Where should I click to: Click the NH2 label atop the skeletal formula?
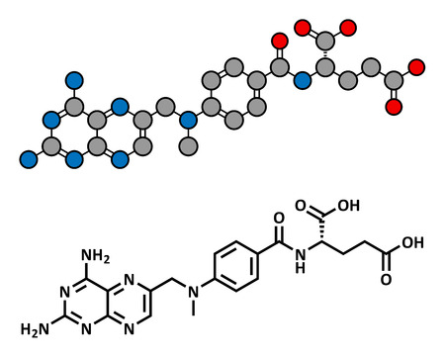(x=97, y=258)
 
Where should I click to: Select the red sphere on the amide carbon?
(x=281, y=42)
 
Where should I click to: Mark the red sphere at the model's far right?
(x=416, y=67)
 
